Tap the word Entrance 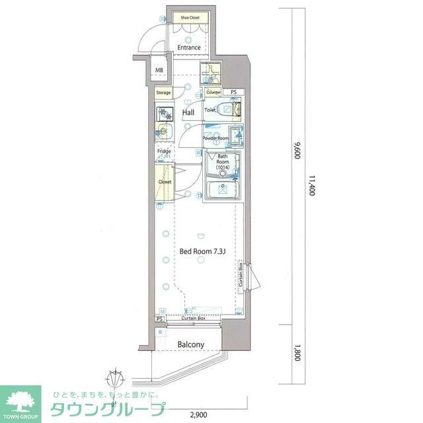click(x=188, y=48)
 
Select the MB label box click(x=159, y=70)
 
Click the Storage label click(x=163, y=93)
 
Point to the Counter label click(x=213, y=93)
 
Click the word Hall click(x=188, y=113)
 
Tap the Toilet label click(x=210, y=110)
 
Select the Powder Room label click(x=215, y=138)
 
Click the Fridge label click(x=164, y=152)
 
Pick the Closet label click(x=165, y=181)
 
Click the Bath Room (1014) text click(x=223, y=163)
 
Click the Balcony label click(x=191, y=344)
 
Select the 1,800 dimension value click(x=297, y=354)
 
